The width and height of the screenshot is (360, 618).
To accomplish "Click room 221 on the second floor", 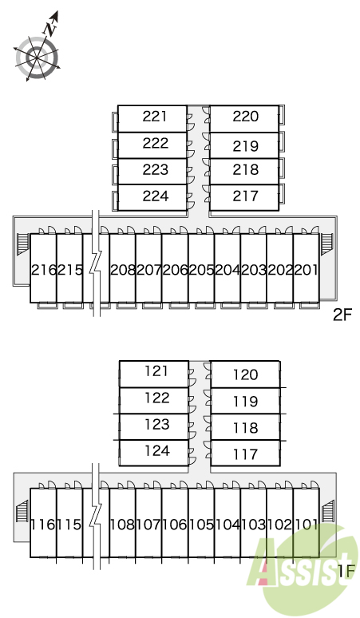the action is point(152,119).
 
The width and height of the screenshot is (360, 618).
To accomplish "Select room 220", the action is point(244,119).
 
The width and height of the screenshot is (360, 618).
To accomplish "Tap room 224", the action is point(152,197).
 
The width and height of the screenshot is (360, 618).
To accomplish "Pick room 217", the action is point(244,197).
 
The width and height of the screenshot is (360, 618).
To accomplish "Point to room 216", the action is point(43,268).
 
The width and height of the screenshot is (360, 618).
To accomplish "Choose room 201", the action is point(306,268).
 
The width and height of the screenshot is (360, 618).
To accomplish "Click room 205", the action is point(201,268).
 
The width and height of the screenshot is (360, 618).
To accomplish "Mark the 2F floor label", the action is point(342,315).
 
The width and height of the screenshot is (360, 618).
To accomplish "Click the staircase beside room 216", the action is point(23,244).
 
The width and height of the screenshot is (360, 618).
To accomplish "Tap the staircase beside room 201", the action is point(326,244).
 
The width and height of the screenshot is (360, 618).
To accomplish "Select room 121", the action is point(154,374).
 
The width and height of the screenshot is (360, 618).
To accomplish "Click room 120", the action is point(245,374).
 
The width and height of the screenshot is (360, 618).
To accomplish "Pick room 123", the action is point(154,427).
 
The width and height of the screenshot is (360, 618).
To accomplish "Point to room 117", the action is point(245,454).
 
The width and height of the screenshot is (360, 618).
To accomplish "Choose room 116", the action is point(43,523).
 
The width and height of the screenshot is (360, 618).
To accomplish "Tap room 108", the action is point(122,523).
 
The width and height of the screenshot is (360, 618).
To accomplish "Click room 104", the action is point(227,523).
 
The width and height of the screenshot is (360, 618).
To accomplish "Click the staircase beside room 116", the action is point(23,511).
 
